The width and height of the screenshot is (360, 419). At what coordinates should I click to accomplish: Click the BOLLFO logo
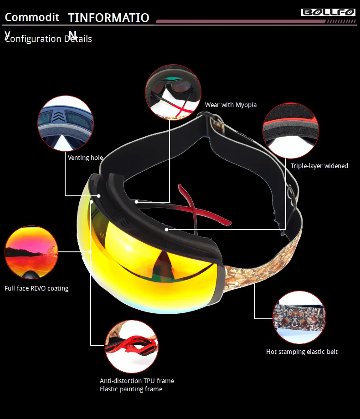click(x=328, y=12)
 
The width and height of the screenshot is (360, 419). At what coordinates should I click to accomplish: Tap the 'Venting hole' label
click(x=85, y=158)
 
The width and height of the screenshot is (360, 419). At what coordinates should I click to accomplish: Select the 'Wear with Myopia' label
click(x=231, y=105)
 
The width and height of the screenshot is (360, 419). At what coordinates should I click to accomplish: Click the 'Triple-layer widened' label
click(x=319, y=166)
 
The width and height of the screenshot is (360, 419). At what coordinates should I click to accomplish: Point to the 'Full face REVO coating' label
click(x=36, y=288)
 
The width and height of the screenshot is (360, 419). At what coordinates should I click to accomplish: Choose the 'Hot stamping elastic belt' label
click(x=302, y=352)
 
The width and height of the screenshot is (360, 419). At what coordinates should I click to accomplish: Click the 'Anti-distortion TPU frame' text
click(x=137, y=381)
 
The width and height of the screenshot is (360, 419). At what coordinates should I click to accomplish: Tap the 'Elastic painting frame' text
click(x=131, y=389)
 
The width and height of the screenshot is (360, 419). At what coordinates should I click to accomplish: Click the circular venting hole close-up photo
click(x=66, y=123)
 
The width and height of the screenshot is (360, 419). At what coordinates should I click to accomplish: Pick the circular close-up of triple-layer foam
click(x=290, y=130)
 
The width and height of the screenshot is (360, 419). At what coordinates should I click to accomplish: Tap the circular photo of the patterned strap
click(x=299, y=318)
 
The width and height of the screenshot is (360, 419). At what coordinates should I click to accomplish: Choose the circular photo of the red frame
click(x=132, y=346)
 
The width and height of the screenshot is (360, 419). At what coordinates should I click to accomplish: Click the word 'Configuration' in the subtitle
click(x=33, y=39)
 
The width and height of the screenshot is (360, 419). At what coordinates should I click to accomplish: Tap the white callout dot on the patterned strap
click(x=237, y=283)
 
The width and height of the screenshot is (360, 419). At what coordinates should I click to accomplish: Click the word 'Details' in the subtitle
click(x=78, y=39)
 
